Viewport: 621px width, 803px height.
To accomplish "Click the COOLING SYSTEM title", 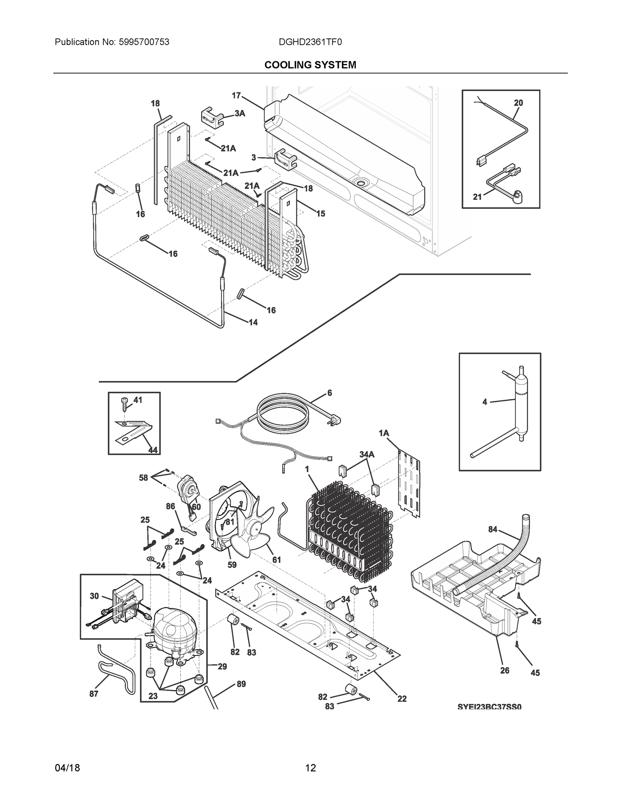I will (x=310, y=65).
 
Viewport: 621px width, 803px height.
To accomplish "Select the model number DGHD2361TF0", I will (x=310, y=42).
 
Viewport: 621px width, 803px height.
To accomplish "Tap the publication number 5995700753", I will (x=144, y=42).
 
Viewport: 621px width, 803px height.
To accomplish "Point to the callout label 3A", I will (x=240, y=114).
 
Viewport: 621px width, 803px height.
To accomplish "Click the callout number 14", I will (x=253, y=323).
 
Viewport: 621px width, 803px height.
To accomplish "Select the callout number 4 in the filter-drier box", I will (x=484, y=402).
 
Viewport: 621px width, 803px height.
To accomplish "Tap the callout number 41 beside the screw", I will (x=138, y=400).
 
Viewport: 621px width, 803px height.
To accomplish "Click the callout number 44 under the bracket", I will (x=153, y=450).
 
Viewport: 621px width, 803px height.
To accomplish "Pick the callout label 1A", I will (x=384, y=434).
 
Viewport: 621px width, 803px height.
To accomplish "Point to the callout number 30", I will (x=94, y=596).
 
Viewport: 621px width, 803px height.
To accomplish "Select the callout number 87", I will (x=94, y=694).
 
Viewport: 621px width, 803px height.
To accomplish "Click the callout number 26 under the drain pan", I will (x=505, y=670).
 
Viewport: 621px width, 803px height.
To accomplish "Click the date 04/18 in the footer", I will (x=67, y=768).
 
